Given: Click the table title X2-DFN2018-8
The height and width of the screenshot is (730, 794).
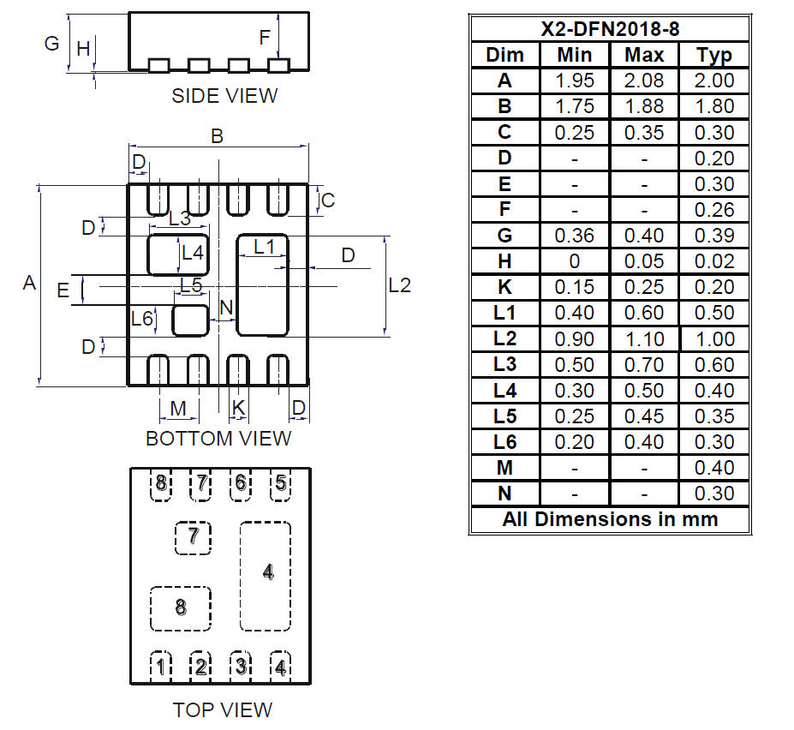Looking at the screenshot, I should (610, 28).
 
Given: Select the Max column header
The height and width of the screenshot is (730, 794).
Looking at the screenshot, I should (644, 55).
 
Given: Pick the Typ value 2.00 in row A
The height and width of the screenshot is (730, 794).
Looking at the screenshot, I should (714, 81).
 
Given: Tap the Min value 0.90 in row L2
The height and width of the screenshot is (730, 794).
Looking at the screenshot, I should (574, 338).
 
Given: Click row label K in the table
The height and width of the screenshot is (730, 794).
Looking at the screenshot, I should (504, 287).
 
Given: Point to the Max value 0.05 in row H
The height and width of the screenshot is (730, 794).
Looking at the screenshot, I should (644, 261).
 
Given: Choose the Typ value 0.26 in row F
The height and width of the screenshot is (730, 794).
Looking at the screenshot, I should (714, 210).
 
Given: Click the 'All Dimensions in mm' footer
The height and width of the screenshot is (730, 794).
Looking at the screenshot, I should (610, 519).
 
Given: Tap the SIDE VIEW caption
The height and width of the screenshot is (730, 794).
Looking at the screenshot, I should (224, 95).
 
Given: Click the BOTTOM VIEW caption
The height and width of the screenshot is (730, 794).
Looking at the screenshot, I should (218, 438).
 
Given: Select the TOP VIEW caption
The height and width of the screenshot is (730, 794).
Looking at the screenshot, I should (222, 709).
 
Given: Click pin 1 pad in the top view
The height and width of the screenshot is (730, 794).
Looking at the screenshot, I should (160, 665).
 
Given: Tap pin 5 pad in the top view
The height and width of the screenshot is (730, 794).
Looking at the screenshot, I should (280, 483).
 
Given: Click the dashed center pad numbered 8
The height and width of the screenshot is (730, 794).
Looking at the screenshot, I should (180, 607).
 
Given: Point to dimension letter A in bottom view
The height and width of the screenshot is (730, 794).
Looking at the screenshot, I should (29, 282).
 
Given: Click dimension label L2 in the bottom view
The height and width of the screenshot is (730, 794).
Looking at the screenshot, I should (399, 284).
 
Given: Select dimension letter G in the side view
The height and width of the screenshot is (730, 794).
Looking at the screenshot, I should (51, 42).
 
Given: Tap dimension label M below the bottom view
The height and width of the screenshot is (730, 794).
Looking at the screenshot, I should (178, 409).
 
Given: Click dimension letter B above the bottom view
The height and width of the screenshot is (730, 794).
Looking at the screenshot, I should (218, 135).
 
